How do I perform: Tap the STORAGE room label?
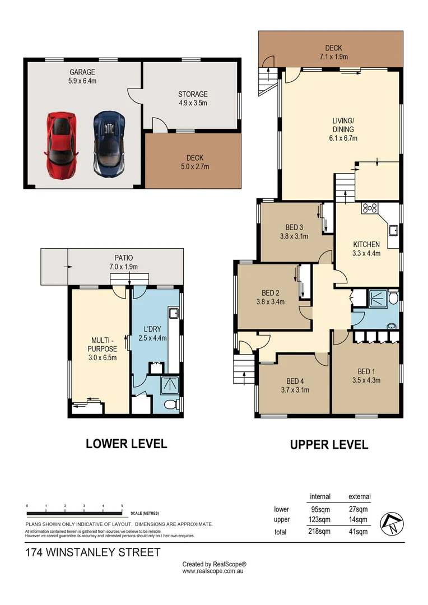coord(193,95)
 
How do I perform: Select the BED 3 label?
coord(294,227)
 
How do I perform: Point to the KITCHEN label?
coord(366,244)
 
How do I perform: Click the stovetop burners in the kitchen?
coord(370,208)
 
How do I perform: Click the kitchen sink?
coord(393,230)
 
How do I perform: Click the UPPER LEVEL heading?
coord(329,445)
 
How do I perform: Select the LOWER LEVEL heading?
coord(126,444)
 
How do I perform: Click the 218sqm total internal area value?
coord(320,532)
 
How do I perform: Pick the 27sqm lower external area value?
coord(359,510)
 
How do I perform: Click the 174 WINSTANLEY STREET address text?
coord(93,553)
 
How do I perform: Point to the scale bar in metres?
coord(75,513)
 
